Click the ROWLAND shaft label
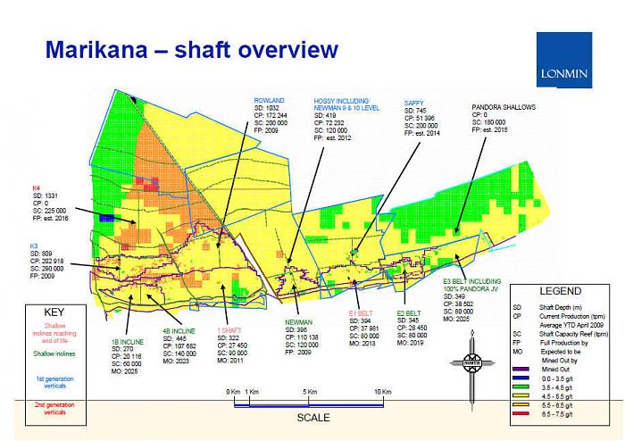[269, 100]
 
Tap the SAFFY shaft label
[416, 103]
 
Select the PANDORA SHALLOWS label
[504, 106]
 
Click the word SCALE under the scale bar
[313, 418]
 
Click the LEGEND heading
[561, 291]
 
